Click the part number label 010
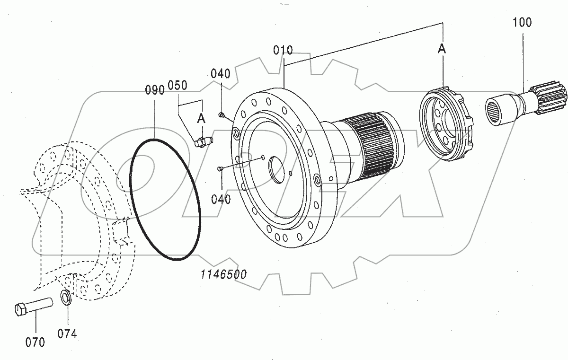pos(283,50)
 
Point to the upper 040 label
pos(221,73)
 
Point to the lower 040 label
pos(221,199)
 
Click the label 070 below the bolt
pos(35,342)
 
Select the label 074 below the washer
pos(67,334)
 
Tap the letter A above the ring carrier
pos(442,49)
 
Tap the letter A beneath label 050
pos(202,119)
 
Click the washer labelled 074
pos(66,299)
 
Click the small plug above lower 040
pos(220,168)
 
